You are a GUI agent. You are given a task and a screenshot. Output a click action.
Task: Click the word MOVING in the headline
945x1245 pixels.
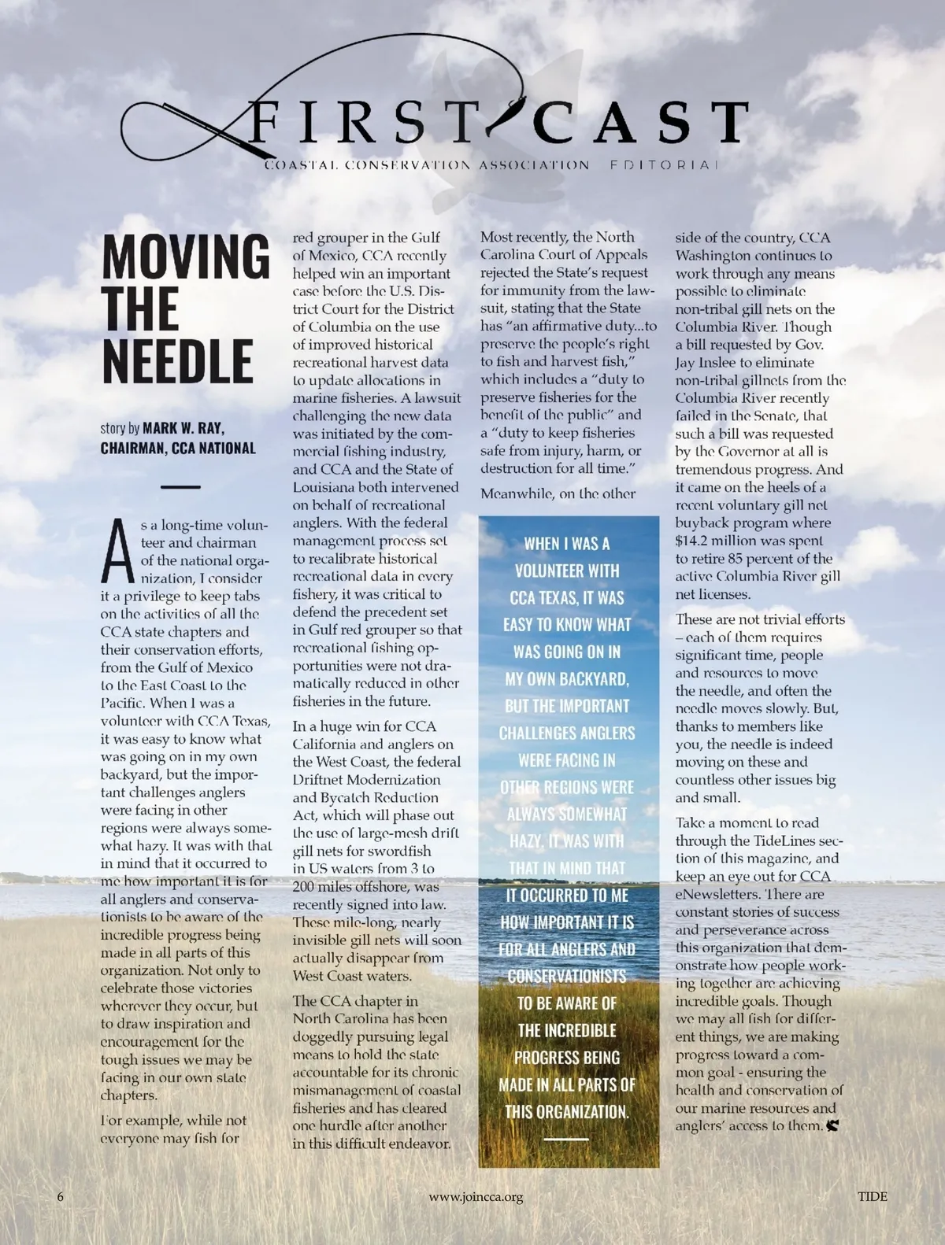pos(186,256)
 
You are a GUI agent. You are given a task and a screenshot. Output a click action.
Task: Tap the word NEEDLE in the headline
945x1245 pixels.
pos(178,360)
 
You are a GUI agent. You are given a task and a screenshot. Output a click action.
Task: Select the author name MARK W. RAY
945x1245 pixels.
pos(183,428)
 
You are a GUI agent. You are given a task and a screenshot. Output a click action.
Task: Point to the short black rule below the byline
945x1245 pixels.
pos(180,487)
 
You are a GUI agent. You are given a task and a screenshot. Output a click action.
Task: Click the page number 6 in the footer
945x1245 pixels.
pos(61,1197)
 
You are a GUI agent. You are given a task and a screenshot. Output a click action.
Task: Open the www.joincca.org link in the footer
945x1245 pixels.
pos(476,1197)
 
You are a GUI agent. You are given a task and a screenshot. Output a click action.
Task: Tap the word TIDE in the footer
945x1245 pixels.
pos(872,1197)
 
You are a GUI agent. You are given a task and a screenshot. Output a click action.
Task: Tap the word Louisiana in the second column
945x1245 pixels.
pos(325,487)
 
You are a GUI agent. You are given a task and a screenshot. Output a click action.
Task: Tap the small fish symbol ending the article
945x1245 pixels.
pos(833,1126)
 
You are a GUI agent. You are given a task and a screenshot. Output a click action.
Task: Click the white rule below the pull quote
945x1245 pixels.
pos(566,1139)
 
